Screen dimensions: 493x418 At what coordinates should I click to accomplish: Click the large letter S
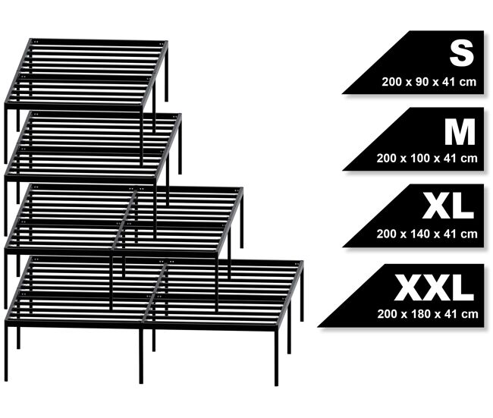pyautogui.click(x=461, y=53)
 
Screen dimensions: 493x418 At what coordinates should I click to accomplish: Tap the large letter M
pyautogui.click(x=460, y=132)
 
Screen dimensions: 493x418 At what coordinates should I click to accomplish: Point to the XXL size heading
pyautogui.click(x=434, y=288)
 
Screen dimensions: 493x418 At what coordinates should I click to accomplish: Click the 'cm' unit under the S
pyautogui.click(x=468, y=82)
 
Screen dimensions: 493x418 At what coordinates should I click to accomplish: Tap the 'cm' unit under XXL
pyautogui.click(x=469, y=314)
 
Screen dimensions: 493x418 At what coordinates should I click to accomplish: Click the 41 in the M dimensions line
pyautogui.click(x=450, y=158)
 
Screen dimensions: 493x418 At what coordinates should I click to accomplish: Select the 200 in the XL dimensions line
pyautogui.click(x=386, y=234)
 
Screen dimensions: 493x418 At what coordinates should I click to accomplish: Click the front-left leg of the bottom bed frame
pyautogui.click(x=6, y=353)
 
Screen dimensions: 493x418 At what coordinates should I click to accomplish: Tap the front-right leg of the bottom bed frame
pyautogui.click(x=276, y=358)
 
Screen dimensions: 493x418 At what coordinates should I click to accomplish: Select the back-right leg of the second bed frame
pyautogui.click(x=180, y=146)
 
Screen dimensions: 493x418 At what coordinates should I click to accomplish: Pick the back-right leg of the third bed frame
pyautogui.click(x=241, y=219)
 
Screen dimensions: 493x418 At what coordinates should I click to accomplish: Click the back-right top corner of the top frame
pyautogui.click(x=167, y=42)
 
